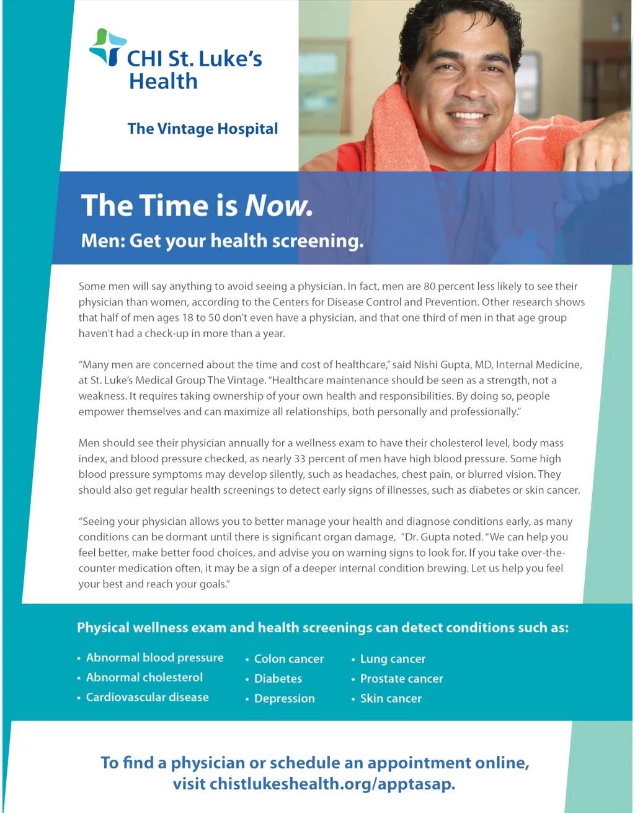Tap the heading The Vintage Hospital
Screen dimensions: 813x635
click(x=203, y=129)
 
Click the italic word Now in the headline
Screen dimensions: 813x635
click(x=278, y=206)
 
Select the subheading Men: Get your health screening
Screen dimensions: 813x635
click(x=222, y=240)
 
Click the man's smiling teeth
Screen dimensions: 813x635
click(x=469, y=115)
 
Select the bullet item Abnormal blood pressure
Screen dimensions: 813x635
click(x=154, y=657)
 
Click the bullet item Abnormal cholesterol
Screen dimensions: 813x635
click(x=144, y=677)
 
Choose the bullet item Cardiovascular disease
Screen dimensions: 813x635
click(x=147, y=697)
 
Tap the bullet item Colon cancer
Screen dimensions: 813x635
click(x=289, y=659)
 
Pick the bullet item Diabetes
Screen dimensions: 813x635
click(x=278, y=679)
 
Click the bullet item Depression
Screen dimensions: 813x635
click(x=284, y=698)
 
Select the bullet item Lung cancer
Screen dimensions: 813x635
click(x=393, y=659)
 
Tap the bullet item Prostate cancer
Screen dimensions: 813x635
click(x=401, y=679)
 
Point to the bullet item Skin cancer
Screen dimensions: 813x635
click(x=391, y=698)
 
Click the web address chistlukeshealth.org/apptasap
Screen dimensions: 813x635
click(x=332, y=784)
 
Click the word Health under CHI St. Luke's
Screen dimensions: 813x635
click(x=163, y=81)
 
